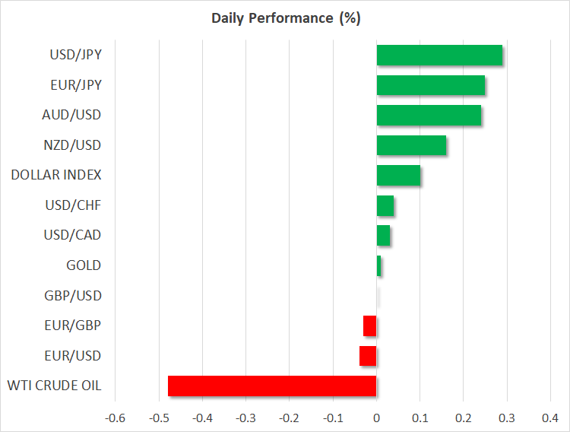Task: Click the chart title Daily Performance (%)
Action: pyautogui.click(x=285, y=18)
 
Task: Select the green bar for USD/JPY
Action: pyautogui.click(x=439, y=56)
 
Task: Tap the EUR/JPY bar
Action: pyautogui.click(x=431, y=85)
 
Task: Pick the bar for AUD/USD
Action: pyautogui.click(x=429, y=116)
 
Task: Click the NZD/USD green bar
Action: pyautogui.click(x=411, y=145)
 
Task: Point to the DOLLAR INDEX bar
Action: pyautogui.click(x=398, y=176)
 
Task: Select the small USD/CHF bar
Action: pyautogui.click(x=385, y=205)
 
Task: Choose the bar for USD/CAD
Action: pyautogui.click(x=383, y=236)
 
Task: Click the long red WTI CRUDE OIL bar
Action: pyautogui.click(x=272, y=386)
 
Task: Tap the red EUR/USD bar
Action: pyautogui.click(x=368, y=356)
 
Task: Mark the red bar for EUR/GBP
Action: pyautogui.click(x=370, y=326)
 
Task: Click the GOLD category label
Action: pyautogui.click(x=84, y=265)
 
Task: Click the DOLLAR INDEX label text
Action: pyautogui.click(x=56, y=175)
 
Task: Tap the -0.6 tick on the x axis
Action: pyautogui.click(x=115, y=418)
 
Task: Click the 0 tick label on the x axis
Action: pyautogui.click(x=376, y=418)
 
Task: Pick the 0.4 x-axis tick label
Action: pyautogui.click(x=550, y=418)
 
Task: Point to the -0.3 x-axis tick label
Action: pyautogui.click(x=245, y=418)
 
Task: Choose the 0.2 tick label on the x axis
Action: pyautogui.click(x=464, y=418)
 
